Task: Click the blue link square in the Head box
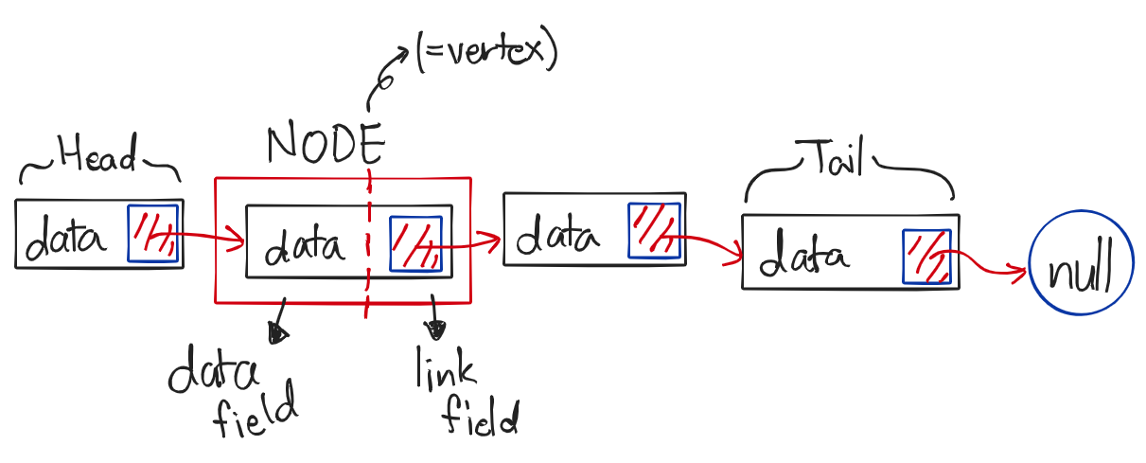pos(152,233)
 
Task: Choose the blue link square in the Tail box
pos(926,257)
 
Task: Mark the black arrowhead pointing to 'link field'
pos(436,329)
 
